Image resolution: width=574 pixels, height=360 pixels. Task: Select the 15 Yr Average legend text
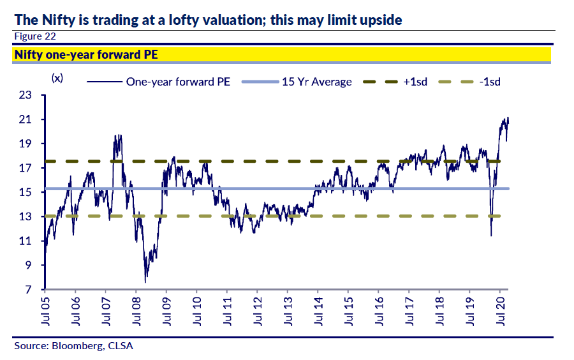[316, 82]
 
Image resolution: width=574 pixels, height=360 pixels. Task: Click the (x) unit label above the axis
[57, 78]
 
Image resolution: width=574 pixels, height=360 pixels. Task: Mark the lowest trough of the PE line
[145, 282]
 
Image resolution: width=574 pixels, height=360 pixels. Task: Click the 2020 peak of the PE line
[507, 117]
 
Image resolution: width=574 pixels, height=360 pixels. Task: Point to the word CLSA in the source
[121, 346]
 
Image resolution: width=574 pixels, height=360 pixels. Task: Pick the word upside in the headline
[380, 20]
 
